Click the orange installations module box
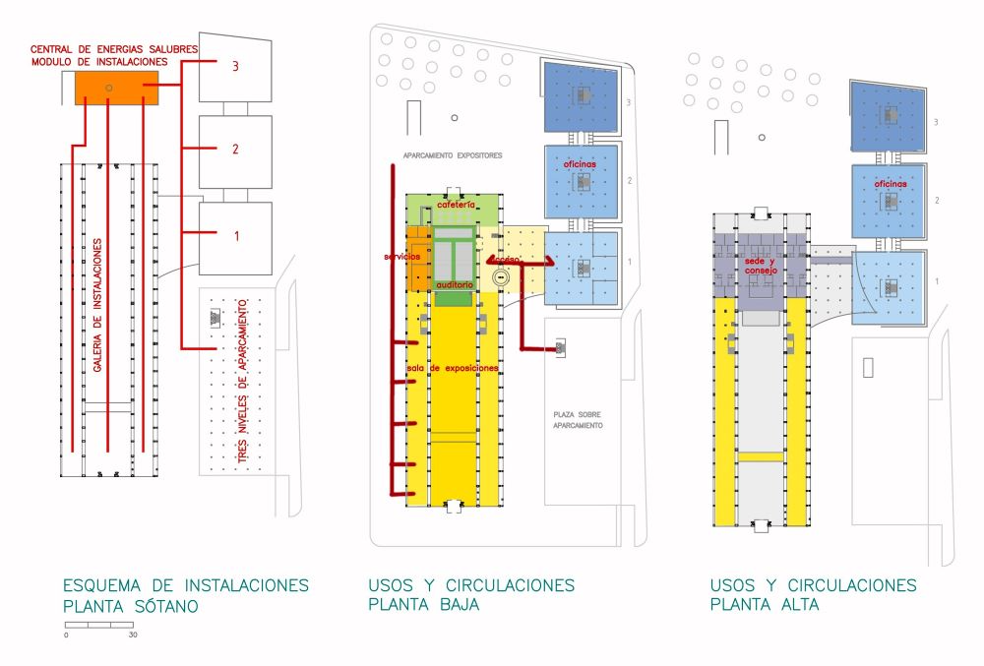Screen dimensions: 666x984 coord(116,89)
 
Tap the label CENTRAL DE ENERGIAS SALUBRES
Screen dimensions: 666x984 coord(114,48)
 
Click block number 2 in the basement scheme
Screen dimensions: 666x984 coord(235,151)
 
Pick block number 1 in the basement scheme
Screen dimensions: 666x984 coord(235,236)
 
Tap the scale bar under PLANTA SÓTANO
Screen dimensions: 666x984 coord(98,625)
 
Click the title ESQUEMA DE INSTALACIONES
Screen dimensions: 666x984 coord(185,585)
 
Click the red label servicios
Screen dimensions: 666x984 coord(402,256)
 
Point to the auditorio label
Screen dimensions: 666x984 coord(456,284)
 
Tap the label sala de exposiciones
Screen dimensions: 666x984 coord(452,368)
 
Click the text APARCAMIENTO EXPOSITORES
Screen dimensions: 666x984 coord(453,155)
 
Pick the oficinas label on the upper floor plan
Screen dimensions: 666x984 coord(890,184)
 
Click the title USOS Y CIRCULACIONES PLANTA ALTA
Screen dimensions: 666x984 coord(813,595)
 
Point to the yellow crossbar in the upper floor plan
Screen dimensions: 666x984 coord(761,456)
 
